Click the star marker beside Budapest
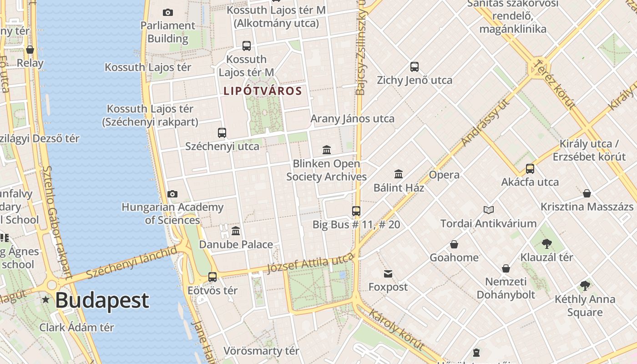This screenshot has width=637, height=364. [x=45, y=300]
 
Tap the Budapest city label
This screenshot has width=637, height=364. [x=102, y=300]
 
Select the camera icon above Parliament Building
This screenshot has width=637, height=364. [x=168, y=12]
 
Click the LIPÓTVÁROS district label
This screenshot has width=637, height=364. [x=263, y=91]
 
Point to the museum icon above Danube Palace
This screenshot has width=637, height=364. [x=236, y=231]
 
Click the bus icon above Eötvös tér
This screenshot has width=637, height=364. [x=212, y=277]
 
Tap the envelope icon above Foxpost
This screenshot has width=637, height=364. [x=388, y=273]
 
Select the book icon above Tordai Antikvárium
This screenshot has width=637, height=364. [x=489, y=210]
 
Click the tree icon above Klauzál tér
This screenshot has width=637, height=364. [x=547, y=244]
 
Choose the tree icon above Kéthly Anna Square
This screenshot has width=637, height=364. [x=585, y=286]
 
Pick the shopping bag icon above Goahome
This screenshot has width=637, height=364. [x=454, y=244]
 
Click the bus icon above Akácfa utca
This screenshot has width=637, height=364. [x=530, y=169]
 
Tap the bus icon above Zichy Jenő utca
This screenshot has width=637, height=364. [x=415, y=67]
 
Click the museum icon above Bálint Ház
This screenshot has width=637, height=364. [x=399, y=174]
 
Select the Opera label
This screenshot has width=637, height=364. [x=444, y=175]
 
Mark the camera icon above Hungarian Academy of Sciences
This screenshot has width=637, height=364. [x=172, y=194]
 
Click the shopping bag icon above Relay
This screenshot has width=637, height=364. [x=30, y=50]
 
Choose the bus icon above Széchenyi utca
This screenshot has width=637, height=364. [x=222, y=133]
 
